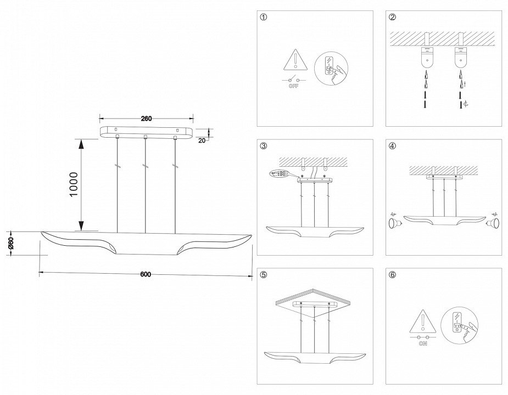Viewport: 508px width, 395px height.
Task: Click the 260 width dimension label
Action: (146, 118)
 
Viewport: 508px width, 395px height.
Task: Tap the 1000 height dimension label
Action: (74, 185)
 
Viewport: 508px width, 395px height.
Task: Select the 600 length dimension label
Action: (146, 274)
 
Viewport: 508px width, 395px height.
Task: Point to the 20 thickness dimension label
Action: (202, 140)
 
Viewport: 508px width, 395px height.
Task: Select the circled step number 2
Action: (392, 18)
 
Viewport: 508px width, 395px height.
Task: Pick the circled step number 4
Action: (392, 146)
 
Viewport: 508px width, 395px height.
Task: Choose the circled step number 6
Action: (392, 275)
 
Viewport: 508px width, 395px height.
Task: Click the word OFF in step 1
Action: (293, 87)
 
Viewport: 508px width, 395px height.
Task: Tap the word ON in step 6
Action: (423, 343)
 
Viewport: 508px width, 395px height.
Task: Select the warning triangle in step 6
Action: (423, 321)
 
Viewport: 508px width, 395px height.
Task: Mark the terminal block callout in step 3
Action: (281, 174)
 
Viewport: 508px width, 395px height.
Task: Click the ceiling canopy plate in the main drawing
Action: (146, 132)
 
